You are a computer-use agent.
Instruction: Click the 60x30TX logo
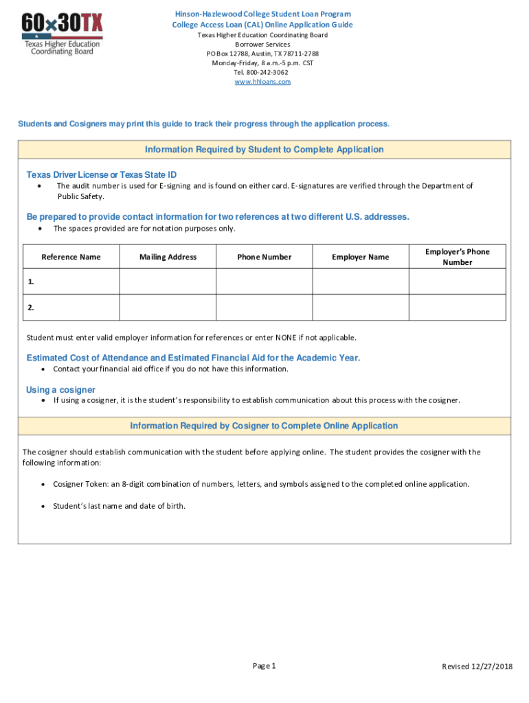[x=63, y=35]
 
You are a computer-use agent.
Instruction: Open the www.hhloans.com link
[x=262, y=82]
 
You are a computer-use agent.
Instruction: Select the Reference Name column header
[x=71, y=257]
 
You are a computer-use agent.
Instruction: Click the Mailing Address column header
[x=168, y=257]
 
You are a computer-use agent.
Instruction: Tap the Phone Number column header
[x=264, y=257]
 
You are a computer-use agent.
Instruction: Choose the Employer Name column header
[x=360, y=257]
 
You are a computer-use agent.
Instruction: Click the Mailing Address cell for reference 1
[x=168, y=281]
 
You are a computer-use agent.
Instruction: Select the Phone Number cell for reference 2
[x=264, y=308]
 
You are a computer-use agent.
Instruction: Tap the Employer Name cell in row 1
[x=360, y=281]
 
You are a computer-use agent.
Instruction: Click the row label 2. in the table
[x=32, y=308]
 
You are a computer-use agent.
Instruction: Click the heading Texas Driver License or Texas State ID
[x=101, y=175]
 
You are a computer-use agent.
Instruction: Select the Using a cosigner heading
[x=60, y=390]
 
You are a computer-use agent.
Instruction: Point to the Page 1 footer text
[x=264, y=666]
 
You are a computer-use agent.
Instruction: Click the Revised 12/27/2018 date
[x=477, y=667]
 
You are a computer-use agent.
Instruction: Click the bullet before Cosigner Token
[x=44, y=484]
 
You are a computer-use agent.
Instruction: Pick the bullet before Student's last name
[x=44, y=506]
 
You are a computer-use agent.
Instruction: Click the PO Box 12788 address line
[x=262, y=54]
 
